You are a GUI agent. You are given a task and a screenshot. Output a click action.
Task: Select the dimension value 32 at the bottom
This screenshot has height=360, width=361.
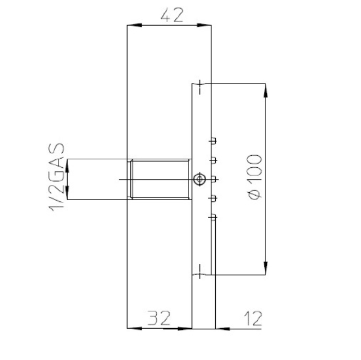159,317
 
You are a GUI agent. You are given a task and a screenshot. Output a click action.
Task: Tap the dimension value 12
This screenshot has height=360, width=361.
251,317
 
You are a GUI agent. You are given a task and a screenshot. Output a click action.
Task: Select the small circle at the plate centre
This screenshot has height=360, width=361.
198,180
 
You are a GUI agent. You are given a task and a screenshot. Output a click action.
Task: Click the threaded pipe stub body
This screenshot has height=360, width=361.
160,180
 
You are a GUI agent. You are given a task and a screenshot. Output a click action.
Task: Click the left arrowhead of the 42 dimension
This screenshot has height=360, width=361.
132,24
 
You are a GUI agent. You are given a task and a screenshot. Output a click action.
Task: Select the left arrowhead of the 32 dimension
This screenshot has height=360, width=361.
132,328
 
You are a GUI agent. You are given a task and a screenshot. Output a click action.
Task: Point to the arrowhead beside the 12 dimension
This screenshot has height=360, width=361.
221,328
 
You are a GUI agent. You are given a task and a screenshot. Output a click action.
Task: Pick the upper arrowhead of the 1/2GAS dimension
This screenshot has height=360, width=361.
67,165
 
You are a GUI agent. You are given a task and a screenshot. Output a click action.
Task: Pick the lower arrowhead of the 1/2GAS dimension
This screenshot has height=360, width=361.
67,194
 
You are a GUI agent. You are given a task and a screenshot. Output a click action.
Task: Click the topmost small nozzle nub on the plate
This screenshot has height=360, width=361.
213,140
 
